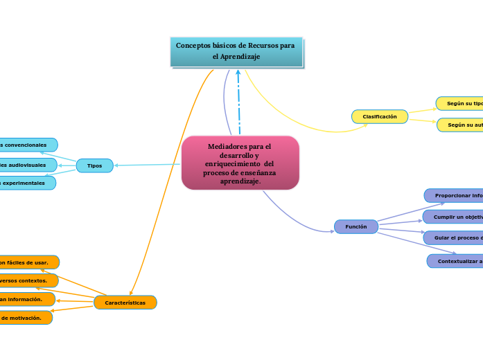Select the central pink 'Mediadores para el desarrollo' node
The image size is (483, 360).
[240, 163]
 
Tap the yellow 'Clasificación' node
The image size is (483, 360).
[380, 117]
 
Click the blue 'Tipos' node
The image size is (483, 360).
[95, 165]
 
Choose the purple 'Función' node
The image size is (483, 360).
[356, 226]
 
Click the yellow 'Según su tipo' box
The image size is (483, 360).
[460, 103]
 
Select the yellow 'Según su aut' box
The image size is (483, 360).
[461, 125]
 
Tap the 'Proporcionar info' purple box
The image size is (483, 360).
[455, 196]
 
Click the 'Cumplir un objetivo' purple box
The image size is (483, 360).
[455, 217]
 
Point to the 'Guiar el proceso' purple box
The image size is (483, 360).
[455, 238]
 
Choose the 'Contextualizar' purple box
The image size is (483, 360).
[456, 261]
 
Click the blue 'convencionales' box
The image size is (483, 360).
[28, 145]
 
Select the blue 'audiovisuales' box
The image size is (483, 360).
[28, 165]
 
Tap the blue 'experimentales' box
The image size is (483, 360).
[28, 183]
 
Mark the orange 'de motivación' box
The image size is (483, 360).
[26, 318]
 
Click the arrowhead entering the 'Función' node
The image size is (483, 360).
[332, 231]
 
